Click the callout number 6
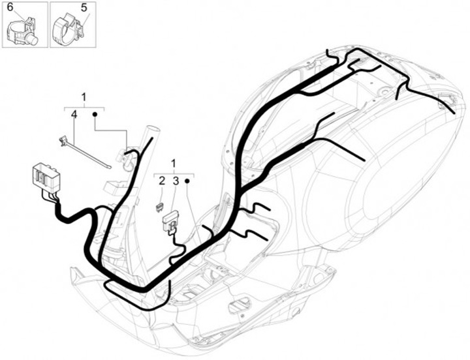click(x=11, y=8)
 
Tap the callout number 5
click(x=84, y=8)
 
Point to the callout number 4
click(x=74, y=114)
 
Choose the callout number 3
click(x=175, y=181)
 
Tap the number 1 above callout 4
click(x=84, y=97)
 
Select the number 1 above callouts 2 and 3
click(x=174, y=162)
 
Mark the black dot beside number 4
click(x=95, y=115)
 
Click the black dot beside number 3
click(x=187, y=181)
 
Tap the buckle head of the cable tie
click(x=63, y=140)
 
